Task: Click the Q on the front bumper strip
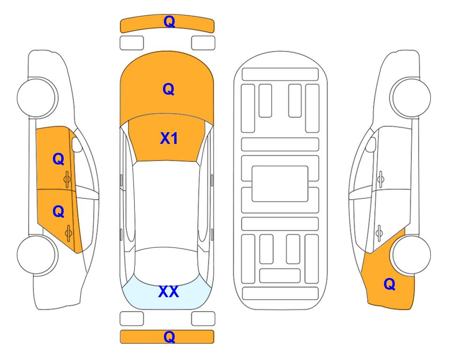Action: click(169, 22)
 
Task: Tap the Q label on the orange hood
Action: click(169, 89)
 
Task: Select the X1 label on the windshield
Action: click(169, 138)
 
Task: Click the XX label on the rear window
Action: click(169, 292)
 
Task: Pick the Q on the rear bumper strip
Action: click(169, 337)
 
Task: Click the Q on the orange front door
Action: click(59, 159)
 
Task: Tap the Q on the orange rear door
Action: click(59, 212)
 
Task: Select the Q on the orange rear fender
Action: click(390, 284)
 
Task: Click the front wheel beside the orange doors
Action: click(37, 97)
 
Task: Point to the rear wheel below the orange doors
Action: click(37, 255)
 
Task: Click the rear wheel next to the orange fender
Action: click(411, 255)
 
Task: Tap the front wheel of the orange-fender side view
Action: click(411, 97)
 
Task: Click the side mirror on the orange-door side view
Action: click(76, 144)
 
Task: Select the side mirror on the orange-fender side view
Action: click(371, 144)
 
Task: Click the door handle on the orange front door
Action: click(67, 180)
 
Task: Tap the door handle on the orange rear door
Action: click(68, 233)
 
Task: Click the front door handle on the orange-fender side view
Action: click(381, 180)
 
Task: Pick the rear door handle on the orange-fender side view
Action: click(379, 233)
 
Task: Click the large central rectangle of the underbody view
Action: click(280, 184)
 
